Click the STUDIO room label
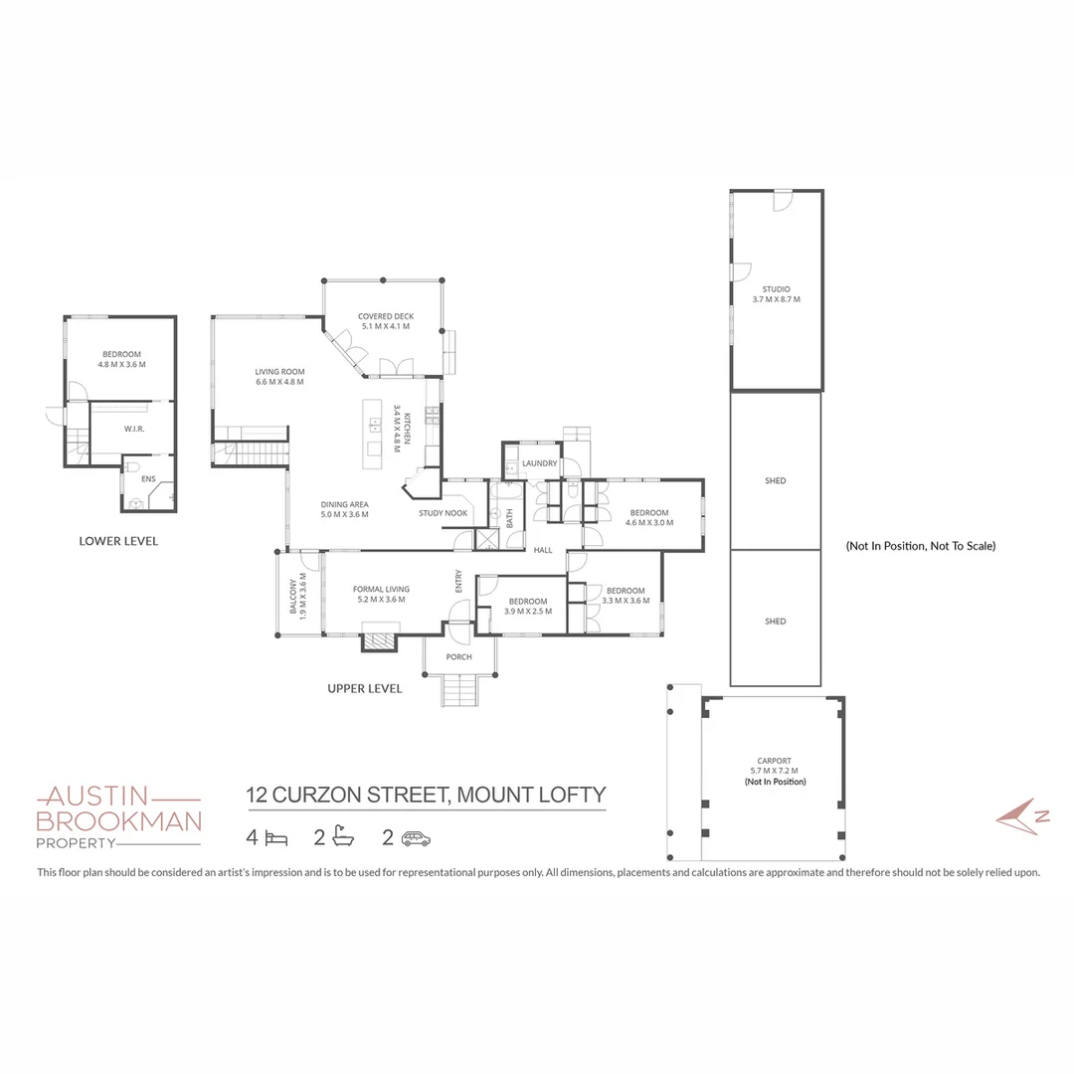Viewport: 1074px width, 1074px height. [x=777, y=289]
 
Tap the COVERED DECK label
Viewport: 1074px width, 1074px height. [x=386, y=317]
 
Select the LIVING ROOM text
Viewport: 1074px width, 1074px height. [x=279, y=372]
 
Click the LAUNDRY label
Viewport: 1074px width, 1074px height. [x=540, y=463]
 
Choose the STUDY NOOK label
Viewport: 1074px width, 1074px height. [x=443, y=513]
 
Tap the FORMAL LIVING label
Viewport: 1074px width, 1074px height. [x=381, y=590]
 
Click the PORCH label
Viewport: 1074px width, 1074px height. [x=458, y=657]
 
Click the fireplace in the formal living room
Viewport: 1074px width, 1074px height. [x=379, y=639]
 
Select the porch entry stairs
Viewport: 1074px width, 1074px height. [x=458, y=690]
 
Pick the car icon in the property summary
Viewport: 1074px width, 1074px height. [x=416, y=838]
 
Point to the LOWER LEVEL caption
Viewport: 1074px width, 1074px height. [x=118, y=542]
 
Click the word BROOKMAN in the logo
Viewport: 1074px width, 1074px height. [x=118, y=820]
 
